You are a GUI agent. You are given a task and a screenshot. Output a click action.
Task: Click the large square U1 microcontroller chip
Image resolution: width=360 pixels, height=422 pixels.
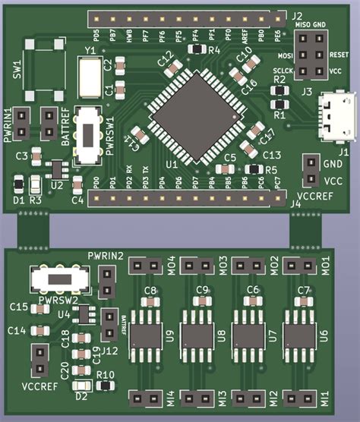(x=194, y=115)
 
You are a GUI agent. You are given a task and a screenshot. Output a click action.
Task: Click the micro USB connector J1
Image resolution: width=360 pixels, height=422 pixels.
(x=336, y=116)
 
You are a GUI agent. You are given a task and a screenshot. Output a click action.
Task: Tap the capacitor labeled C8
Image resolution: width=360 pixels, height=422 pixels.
(x=150, y=301)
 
